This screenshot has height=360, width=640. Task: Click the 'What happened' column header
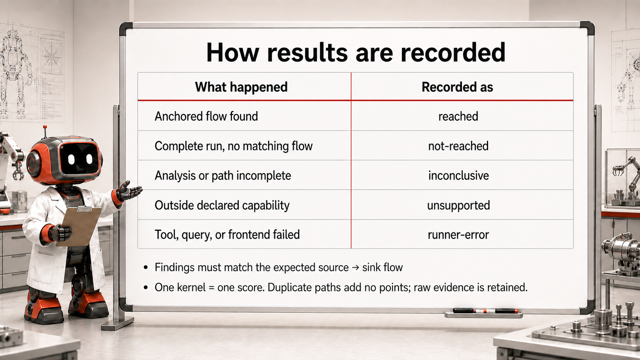pos(241,87)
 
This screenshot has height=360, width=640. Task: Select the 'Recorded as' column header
pos(457,87)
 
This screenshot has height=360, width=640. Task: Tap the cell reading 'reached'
pos(458,116)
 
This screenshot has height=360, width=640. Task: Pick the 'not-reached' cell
pos(458,146)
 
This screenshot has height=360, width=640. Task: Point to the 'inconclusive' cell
pos(458,176)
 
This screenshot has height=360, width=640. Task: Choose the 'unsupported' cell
pos(458,205)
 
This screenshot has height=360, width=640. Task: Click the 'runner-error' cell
pos(458,235)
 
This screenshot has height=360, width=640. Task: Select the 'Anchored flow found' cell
pos(206,116)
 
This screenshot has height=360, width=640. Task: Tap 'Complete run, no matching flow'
pos(233,146)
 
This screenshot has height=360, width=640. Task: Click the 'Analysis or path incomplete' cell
pos(223,176)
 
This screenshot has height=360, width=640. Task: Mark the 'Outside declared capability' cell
pos(222,205)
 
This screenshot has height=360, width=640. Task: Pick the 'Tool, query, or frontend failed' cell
pos(227,235)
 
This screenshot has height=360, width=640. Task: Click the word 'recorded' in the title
pos(453,52)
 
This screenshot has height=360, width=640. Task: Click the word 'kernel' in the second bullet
pos(191,287)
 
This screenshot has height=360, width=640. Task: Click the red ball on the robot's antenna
pos(44,127)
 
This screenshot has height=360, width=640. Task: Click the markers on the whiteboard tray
pos(485,311)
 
